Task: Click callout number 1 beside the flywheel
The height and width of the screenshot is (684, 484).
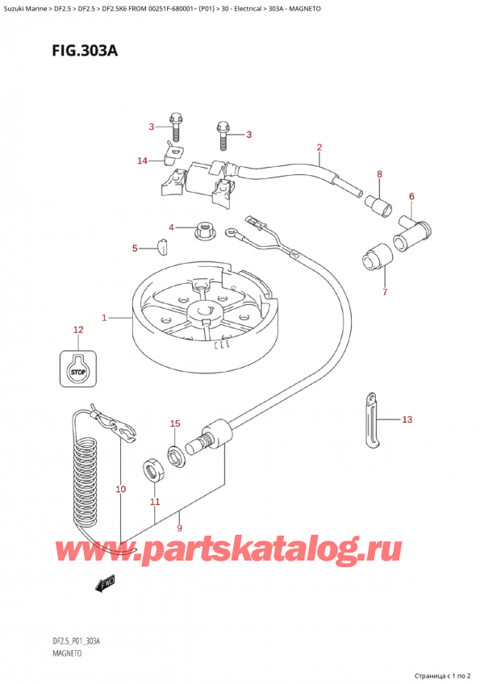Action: (104, 318)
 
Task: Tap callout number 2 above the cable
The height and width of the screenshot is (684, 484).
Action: (319, 147)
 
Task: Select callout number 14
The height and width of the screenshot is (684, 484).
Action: (143, 161)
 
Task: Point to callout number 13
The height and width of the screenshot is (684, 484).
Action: (407, 419)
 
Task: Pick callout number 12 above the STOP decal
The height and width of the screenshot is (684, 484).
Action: (78, 329)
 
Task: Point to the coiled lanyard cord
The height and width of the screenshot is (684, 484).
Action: (87, 476)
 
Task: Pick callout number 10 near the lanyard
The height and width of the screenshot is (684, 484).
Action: (121, 489)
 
